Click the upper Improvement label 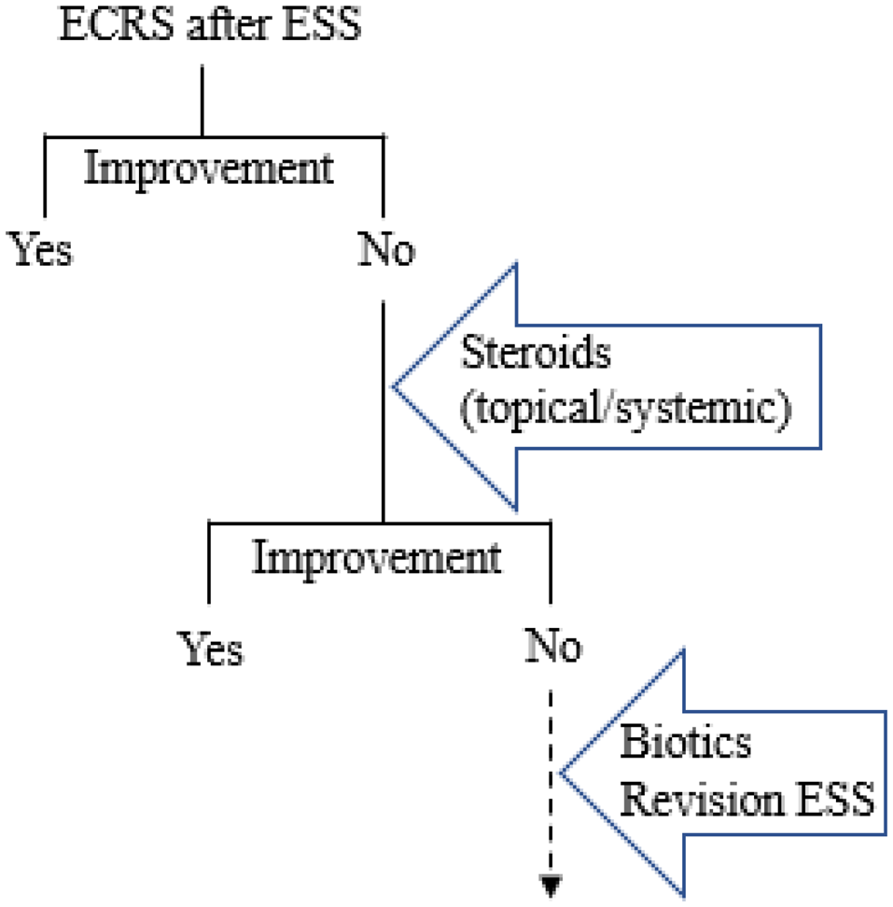(208, 170)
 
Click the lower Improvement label (377, 558)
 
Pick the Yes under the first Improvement (42, 250)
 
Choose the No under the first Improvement (384, 250)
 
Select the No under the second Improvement (552, 646)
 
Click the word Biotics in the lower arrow (686, 745)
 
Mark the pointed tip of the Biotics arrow (560, 775)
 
